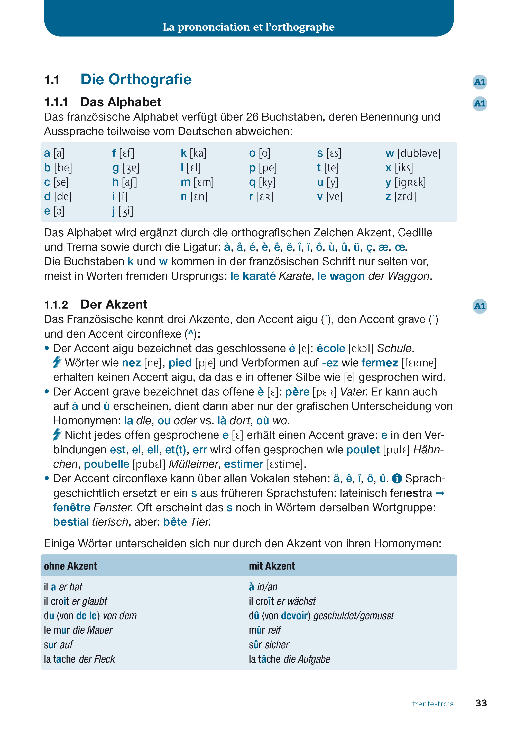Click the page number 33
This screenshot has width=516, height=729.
pyautogui.click(x=481, y=703)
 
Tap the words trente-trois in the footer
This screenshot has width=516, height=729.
pyautogui.click(x=432, y=704)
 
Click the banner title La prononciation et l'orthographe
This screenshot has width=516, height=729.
pyautogui.click(x=248, y=27)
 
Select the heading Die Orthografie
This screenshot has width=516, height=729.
pyautogui.click(x=136, y=79)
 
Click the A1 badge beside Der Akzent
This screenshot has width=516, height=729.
pyautogui.click(x=480, y=306)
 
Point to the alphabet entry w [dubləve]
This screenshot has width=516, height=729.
pyautogui.click(x=412, y=153)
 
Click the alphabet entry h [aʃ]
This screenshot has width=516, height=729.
pyautogui.click(x=125, y=182)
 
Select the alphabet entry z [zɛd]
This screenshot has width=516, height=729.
pyautogui.click(x=400, y=196)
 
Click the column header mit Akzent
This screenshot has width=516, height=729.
pyautogui.click(x=272, y=566)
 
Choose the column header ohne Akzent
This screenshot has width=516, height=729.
pyautogui.click(x=70, y=566)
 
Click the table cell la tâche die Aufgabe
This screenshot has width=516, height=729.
pyautogui.click(x=289, y=659)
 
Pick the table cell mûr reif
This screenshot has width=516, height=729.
pyautogui.click(x=265, y=630)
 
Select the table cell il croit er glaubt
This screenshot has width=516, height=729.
pyautogui.click(x=75, y=601)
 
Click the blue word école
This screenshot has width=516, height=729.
pyautogui.click(x=330, y=348)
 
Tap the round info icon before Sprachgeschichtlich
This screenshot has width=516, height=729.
pyautogui.click(x=397, y=479)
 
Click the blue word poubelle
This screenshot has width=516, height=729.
pyautogui.click(x=106, y=464)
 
